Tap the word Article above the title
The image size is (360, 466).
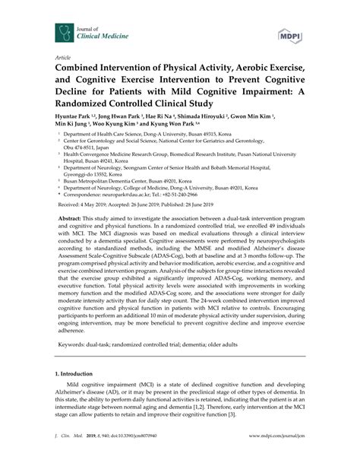tap(55, 56)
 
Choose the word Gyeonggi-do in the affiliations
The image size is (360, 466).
tap(78, 173)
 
